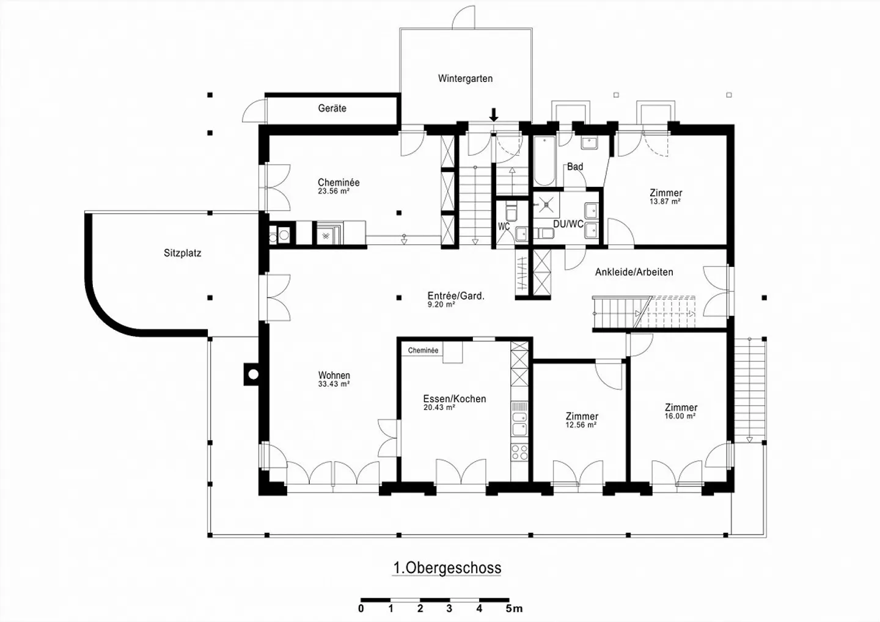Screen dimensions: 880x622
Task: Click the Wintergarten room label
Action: (465, 79)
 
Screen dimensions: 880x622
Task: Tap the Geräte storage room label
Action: (332, 108)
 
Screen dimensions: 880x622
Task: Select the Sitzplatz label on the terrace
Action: (182, 253)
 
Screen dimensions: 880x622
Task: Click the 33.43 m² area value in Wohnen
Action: (334, 384)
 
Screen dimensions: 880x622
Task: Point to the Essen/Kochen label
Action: (455, 398)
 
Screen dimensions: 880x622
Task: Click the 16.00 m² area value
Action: (680, 416)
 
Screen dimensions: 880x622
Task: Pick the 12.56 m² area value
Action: (581, 425)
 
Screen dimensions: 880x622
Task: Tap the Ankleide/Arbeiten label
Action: (634, 272)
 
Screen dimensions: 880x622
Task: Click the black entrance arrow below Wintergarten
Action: (494, 114)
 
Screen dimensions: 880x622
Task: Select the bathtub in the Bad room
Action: (544, 161)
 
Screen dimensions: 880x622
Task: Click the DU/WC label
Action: (568, 224)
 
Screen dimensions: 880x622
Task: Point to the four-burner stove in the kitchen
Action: (519, 452)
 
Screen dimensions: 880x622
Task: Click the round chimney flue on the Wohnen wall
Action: (254, 375)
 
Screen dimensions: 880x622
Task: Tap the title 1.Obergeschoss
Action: (447, 568)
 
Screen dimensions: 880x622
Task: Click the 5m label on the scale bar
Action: (514, 609)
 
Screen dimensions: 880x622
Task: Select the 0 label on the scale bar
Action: (361, 609)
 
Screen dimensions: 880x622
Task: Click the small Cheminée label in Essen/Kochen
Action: (423, 350)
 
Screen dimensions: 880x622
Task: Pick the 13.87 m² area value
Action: (665, 202)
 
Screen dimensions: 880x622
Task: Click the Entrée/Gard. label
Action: (456, 296)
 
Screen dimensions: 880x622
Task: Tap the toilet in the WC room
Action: (512, 212)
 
